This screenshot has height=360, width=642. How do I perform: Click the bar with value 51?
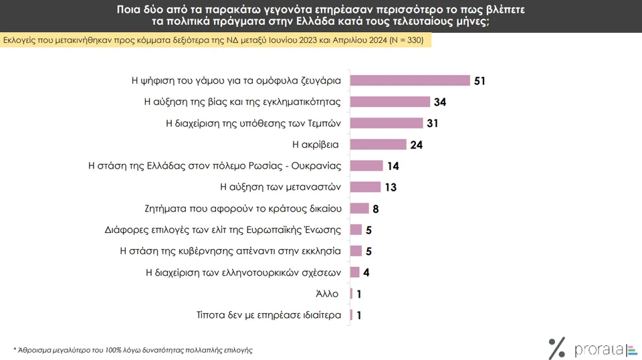point(410,80)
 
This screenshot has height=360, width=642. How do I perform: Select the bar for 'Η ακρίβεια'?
point(378,145)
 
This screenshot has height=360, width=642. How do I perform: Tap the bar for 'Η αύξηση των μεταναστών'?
point(365,187)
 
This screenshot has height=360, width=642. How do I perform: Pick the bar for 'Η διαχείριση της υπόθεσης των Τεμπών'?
point(387,123)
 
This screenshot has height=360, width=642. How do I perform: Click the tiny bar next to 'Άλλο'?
point(351,293)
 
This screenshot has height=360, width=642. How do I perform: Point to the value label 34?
point(439,102)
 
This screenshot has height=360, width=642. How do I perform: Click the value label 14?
point(393,166)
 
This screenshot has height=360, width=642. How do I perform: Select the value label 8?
point(376,209)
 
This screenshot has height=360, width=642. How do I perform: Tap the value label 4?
point(366,273)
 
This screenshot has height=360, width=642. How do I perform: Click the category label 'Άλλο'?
point(327,294)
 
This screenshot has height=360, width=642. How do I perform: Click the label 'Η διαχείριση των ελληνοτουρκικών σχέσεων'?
point(243,272)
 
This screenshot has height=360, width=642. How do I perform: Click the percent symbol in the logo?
point(557,348)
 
